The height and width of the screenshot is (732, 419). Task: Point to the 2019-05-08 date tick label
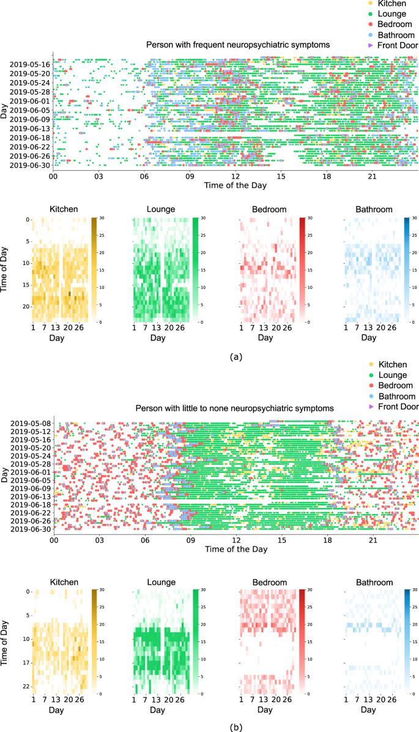29,423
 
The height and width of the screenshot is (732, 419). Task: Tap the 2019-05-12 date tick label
29,431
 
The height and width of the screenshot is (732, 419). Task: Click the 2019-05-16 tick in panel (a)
29,64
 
